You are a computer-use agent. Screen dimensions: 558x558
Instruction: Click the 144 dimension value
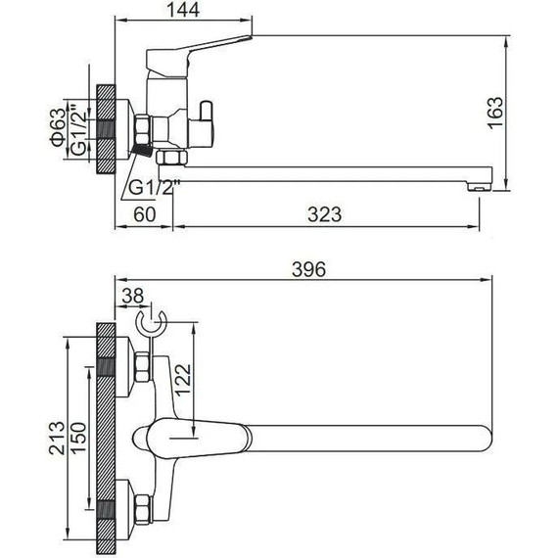[x=184, y=10]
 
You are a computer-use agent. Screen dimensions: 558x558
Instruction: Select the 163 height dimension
[x=495, y=113]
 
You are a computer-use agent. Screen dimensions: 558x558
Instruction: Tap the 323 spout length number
[x=325, y=214]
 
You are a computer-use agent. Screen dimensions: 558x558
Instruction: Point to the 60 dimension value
[x=145, y=214]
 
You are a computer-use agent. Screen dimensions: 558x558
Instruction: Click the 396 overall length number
[x=309, y=269]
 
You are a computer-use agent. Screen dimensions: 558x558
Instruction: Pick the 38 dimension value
[x=133, y=296]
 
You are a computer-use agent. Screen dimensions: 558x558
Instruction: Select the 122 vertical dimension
[x=184, y=380]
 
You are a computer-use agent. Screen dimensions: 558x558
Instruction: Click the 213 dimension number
[x=57, y=438]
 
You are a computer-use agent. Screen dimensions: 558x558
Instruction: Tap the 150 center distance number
[x=78, y=438]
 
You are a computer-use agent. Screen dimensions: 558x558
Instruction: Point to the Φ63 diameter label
[x=58, y=127]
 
